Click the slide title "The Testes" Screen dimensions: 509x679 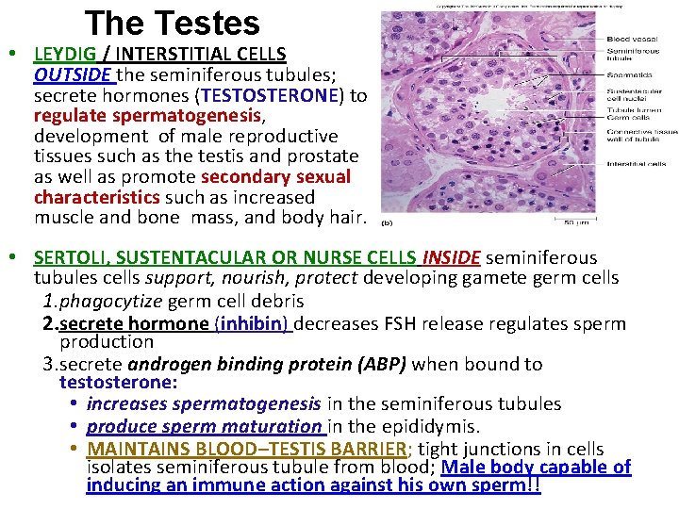[x=172, y=23]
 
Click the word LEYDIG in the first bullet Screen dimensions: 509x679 [x=68, y=54]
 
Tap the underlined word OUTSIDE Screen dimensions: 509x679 [x=71, y=74]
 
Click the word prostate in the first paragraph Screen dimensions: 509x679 [x=326, y=156]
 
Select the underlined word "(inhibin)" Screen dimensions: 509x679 [x=255, y=323]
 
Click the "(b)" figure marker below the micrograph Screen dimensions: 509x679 [x=386, y=224]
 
